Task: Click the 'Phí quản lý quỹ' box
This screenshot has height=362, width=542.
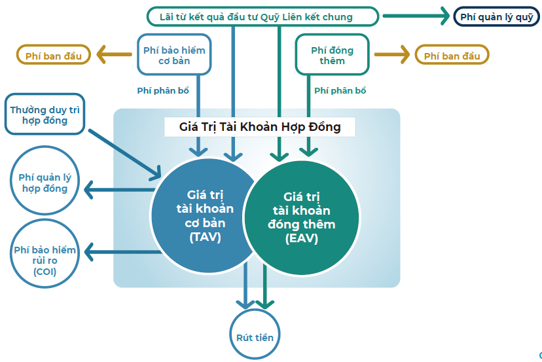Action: click(497, 16)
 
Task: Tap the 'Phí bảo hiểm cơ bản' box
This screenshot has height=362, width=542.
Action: click(174, 56)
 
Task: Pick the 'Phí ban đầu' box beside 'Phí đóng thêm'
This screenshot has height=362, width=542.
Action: click(452, 56)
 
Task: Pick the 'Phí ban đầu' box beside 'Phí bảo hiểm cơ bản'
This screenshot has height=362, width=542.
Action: click(54, 56)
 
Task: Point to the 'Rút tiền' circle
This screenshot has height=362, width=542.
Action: click(255, 337)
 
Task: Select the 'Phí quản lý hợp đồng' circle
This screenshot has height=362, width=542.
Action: click(44, 183)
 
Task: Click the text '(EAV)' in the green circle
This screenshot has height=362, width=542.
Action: click(302, 239)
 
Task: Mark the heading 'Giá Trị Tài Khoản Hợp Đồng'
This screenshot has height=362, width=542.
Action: click(260, 127)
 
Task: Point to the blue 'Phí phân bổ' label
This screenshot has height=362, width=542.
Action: click(163, 91)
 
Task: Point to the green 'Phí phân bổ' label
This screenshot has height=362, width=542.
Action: click(340, 91)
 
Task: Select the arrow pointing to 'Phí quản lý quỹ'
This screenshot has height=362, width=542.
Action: click(416, 15)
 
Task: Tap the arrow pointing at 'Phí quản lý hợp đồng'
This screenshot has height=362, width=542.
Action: click(118, 191)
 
